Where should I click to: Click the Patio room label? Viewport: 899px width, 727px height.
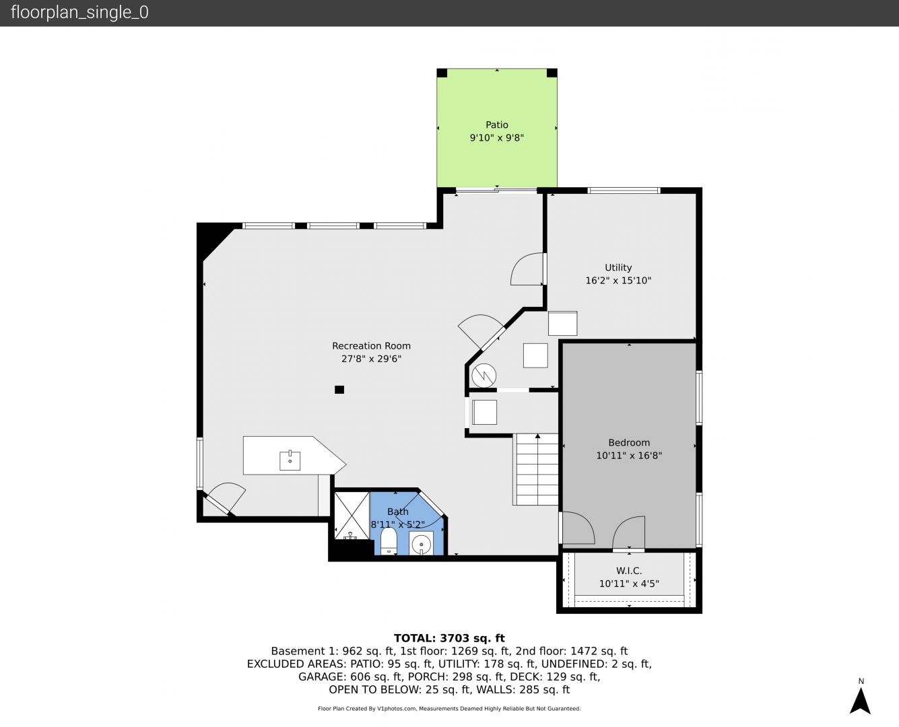point(497,125)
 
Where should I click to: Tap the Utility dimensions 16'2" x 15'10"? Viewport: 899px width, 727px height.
point(618,281)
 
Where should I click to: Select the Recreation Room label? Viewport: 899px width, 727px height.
point(372,346)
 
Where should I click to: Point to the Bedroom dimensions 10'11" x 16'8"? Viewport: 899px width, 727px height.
point(629,456)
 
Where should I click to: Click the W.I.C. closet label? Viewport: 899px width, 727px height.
point(629,571)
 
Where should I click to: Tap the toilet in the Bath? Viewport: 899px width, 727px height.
point(389,541)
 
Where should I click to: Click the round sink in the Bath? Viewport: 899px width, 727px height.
point(422,545)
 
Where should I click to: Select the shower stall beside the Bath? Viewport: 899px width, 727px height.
point(352,516)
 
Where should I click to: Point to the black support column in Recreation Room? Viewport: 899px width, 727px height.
point(339,390)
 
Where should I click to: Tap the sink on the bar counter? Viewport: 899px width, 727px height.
point(290,460)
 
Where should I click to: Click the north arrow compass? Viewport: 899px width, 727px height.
point(860,701)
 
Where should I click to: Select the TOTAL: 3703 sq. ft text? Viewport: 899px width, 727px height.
point(449,638)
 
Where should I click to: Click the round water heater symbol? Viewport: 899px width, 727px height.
point(484,376)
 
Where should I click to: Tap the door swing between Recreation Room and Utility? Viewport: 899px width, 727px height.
point(527,269)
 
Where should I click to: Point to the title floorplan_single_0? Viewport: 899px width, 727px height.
point(79,12)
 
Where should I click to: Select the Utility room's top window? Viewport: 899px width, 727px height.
point(624,191)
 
